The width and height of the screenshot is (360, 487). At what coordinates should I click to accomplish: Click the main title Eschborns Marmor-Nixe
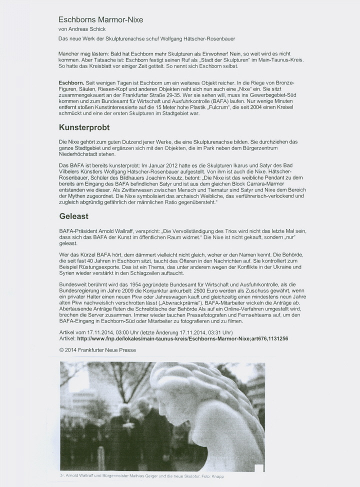pyautogui.click(x=100, y=20)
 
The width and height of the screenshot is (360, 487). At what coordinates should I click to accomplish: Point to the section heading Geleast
pyautogui.click(x=73, y=216)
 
